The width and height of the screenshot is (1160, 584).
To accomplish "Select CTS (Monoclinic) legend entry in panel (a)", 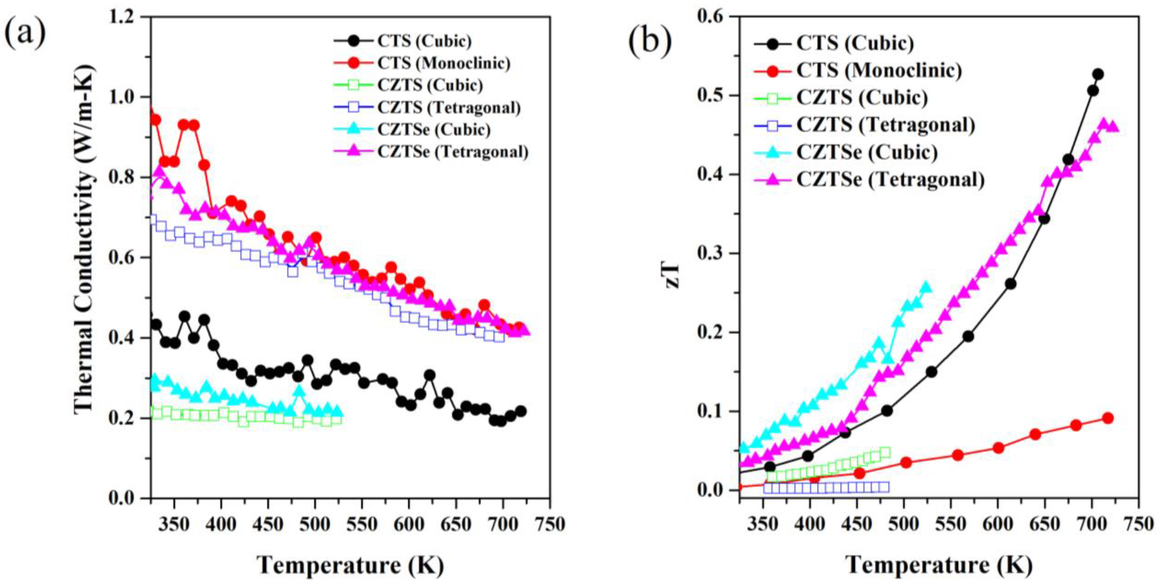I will point(444,63).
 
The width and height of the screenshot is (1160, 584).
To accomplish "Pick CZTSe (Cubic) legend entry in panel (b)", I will point(867,152).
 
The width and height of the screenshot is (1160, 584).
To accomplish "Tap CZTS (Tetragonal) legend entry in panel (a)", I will point(449,108).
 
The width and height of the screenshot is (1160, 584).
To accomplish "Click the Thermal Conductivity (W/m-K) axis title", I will point(84,238).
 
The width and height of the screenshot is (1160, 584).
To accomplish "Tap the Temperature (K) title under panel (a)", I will point(350,565).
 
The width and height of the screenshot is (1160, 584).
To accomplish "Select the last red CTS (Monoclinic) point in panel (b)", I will point(1108,418).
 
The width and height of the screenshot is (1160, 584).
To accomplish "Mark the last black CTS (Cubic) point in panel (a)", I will point(521,411).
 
